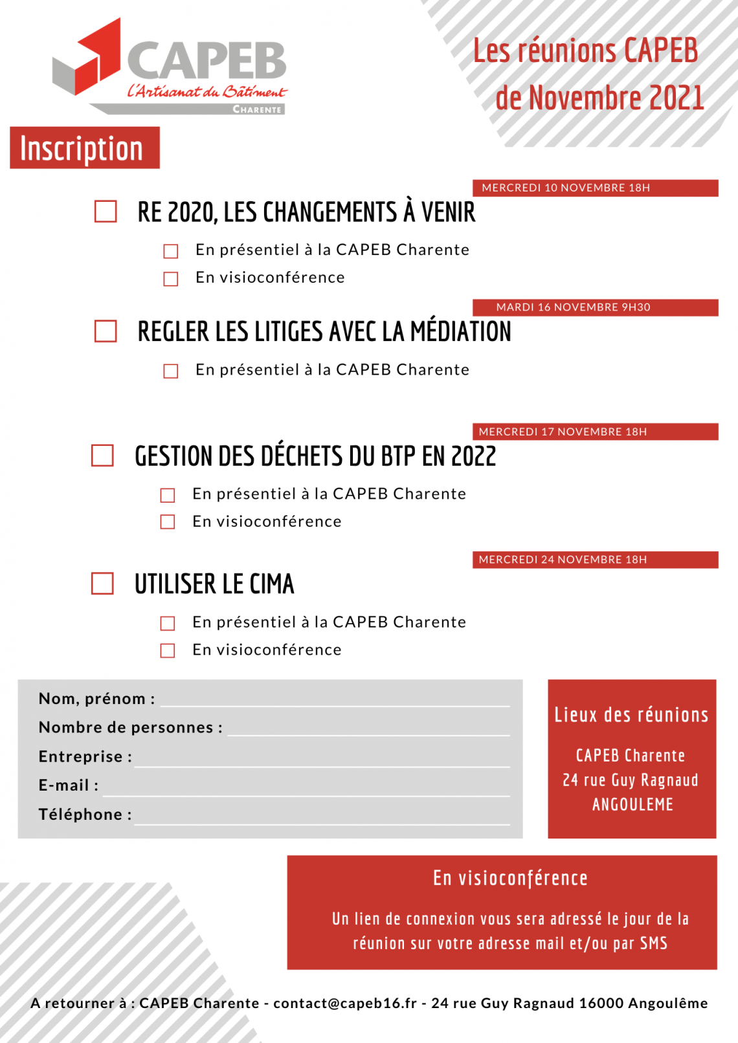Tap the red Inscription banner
(x=85, y=148)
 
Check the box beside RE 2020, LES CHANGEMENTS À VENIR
(x=106, y=212)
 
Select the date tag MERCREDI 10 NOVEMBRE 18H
(x=595, y=188)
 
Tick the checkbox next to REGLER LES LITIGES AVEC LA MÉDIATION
(x=106, y=331)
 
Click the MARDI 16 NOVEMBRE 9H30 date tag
(x=595, y=307)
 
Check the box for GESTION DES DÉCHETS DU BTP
(x=102, y=456)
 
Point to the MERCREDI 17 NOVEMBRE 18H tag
(x=595, y=432)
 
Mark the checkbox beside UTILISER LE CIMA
(x=102, y=583)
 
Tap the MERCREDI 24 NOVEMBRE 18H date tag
(x=595, y=560)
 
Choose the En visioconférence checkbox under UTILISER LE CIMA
(x=168, y=650)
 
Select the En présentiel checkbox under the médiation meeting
(x=171, y=371)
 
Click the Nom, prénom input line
(x=335, y=699)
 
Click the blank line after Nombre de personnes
(x=368, y=729)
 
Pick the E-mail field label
(x=68, y=785)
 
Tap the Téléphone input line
(x=322, y=817)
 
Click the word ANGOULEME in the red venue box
(x=632, y=805)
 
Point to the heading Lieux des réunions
(x=631, y=715)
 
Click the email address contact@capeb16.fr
(x=345, y=1003)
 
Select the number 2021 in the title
(x=676, y=98)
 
